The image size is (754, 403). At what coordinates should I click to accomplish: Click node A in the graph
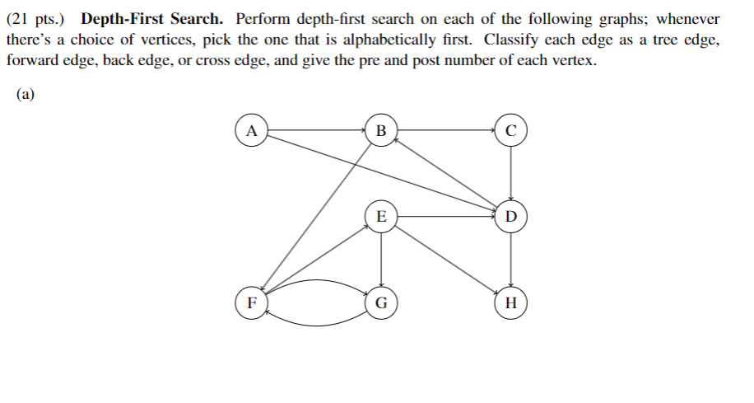click(x=251, y=130)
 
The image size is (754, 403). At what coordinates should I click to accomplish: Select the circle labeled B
click(x=380, y=130)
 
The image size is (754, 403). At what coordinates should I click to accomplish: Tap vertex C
click(x=511, y=130)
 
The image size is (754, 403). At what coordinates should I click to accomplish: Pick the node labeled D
click(x=511, y=218)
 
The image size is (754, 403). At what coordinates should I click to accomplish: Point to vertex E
click(x=380, y=218)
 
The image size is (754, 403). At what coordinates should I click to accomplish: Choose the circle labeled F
click(x=251, y=302)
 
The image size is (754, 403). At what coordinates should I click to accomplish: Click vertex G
click(x=380, y=302)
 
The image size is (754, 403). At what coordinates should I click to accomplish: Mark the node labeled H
click(x=511, y=302)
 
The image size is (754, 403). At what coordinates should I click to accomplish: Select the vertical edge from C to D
click(x=511, y=173)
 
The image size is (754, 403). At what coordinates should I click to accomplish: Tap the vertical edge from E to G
click(x=380, y=260)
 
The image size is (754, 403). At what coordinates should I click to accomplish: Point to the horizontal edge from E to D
click(x=444, y=218)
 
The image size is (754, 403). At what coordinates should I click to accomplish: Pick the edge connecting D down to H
click(x=511, y=260)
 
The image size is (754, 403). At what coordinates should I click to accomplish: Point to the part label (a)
click(x=26, y=94)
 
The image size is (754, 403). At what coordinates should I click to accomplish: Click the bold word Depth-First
click(x=123, y=19)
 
